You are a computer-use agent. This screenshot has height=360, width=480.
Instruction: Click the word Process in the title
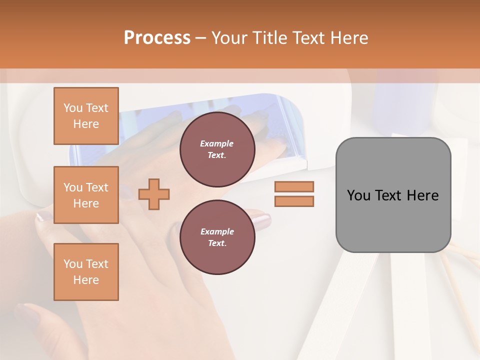pyautogui.click(x=157, y=38)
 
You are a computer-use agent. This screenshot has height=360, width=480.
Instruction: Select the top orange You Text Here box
pyautogui.click(x=86, y=116)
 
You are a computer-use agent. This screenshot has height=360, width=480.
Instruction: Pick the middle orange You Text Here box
pyautogui.click(x=86, y=195)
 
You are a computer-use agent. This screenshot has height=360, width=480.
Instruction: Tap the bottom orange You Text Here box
pyautogui.click(x=86, y=271)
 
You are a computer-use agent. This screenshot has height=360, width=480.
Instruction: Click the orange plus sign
pyautogui.click(x=154, y=194)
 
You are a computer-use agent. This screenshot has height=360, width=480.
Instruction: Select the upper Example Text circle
pyautogui.click(x=217, y=149)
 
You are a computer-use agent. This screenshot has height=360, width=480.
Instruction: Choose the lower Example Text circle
pyautogui.click(x=217, y=237)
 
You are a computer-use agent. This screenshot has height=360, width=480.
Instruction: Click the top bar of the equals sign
pyautogui.click(x=294, y=186)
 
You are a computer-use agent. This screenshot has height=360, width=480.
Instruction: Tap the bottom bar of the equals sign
pyautogui.click(x=294, y=201)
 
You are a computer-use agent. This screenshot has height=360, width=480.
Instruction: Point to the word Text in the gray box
pyautogui.click(x=390, y=195)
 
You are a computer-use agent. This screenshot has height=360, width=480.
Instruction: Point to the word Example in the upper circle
pyautogui.click(x=217, y=143)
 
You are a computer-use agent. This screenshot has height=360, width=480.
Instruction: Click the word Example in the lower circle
pyautogui.click(x=217, y=231)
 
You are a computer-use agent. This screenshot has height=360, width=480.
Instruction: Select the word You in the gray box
pyautogui.click(x=358, y=195)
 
